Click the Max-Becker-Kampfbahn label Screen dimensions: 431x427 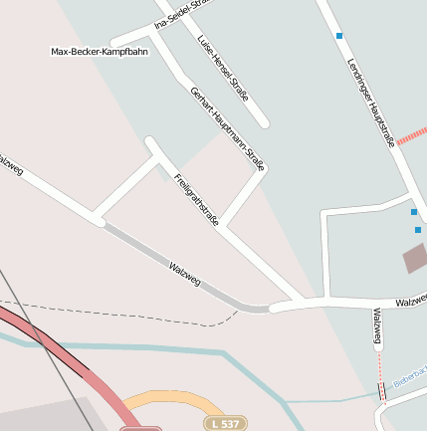click(100, 51)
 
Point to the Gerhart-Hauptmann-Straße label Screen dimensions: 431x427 click(228, 128)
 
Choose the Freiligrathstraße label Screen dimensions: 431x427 click(195, 200)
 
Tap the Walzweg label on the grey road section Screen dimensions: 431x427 click(185, 273)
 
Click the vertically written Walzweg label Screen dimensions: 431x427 click(377, 327)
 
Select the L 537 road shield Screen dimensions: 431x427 click(224, 423)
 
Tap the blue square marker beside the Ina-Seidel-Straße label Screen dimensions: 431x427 click(339, 36)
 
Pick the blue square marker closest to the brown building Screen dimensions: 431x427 click(418, 230)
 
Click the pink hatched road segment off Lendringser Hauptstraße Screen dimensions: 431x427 click(411, 136)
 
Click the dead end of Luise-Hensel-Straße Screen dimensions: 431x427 click(264, 122)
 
